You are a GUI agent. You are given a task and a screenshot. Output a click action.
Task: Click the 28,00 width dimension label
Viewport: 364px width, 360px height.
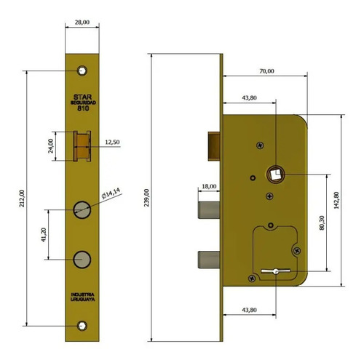point(82,23)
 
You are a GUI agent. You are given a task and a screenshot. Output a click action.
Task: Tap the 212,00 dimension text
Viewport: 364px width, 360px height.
point(22,199)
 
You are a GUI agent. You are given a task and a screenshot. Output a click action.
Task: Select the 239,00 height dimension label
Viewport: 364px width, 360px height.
point(146,198)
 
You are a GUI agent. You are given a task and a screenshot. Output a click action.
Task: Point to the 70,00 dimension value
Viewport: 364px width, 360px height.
point(266,71)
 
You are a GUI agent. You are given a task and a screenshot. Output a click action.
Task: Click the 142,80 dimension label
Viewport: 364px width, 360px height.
point(336,200)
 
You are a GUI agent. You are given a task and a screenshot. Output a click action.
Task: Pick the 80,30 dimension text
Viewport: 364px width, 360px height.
point(322,223)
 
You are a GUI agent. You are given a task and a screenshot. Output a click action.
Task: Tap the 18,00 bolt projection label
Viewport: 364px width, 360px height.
point(209,186)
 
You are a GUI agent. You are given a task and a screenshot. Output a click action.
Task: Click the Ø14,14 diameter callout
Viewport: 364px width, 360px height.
point(111,193)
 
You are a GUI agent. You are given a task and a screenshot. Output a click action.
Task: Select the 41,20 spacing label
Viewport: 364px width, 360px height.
point(44,235)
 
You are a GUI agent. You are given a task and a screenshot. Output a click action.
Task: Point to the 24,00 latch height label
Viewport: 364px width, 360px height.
point(50,146)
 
